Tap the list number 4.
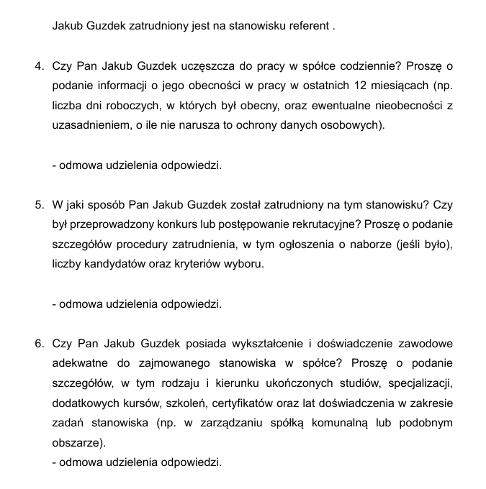click(39, 67)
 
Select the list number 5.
click(39, 205)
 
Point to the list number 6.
click(39, 343)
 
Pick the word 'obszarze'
click(77, 441)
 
